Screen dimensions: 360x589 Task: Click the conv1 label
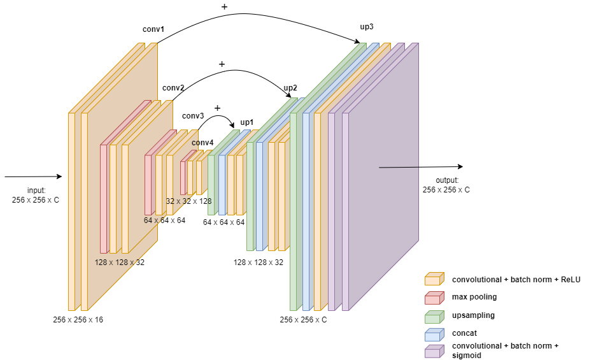[153, 29]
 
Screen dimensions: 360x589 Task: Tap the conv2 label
[173, 87]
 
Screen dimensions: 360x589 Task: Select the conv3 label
[193, 116]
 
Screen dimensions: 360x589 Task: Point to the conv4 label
[202, 142]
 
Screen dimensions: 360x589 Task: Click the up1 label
[247, 122]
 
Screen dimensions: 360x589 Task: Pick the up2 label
[290, 87]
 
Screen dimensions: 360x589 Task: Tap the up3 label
[367, 27]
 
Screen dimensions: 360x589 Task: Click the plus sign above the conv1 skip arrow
[224, 6]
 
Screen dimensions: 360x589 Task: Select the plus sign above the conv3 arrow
[217, 108]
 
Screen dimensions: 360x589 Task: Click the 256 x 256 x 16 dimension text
[78, 319]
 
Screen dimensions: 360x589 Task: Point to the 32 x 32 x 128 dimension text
[188, 201]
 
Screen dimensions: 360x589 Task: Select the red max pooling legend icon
[434, 298]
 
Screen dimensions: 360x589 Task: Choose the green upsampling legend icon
[434, 315]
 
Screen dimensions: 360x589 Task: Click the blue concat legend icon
[434, 333]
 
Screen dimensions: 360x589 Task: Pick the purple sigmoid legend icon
[434, 351]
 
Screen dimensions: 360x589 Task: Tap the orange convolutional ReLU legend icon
[434, 279]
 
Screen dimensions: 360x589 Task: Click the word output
[446, 180]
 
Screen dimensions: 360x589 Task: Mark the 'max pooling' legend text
[474, 297]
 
